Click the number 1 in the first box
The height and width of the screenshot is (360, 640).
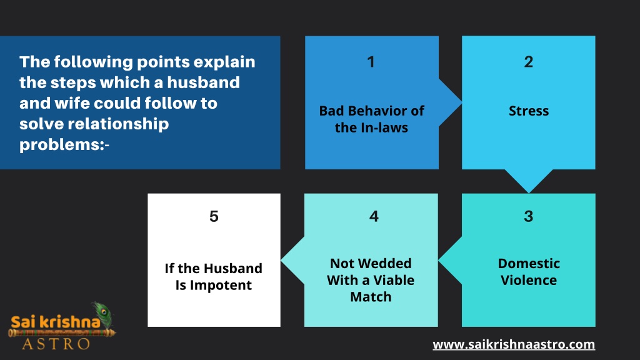click(371, 62)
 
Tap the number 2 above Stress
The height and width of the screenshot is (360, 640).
click(529, 62)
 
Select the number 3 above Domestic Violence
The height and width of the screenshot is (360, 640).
click(529, 216)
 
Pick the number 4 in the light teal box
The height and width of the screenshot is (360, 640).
click(374, 216)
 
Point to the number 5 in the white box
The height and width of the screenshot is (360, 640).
click(214, 216)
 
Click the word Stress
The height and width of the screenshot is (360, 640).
click(529, 111)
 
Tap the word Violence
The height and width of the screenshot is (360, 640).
click(529, 281)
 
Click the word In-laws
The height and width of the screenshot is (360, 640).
click(384, 127)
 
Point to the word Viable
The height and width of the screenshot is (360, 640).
click(394, 281)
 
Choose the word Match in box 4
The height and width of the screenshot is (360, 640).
click(371, 297)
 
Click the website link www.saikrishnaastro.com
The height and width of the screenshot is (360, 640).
click(514, 344)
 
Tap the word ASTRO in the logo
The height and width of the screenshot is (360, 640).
click(56, 344)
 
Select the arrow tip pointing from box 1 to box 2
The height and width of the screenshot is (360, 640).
click(462, 102)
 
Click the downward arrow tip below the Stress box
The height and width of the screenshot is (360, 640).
click(529, 192)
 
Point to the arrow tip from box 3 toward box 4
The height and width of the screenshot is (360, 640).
click(439, 260)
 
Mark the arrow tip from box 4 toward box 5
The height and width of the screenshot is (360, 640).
click(281, 260)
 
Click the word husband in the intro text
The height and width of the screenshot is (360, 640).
click(203, 82)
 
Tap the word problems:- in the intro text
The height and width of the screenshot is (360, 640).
click(64, 144)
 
